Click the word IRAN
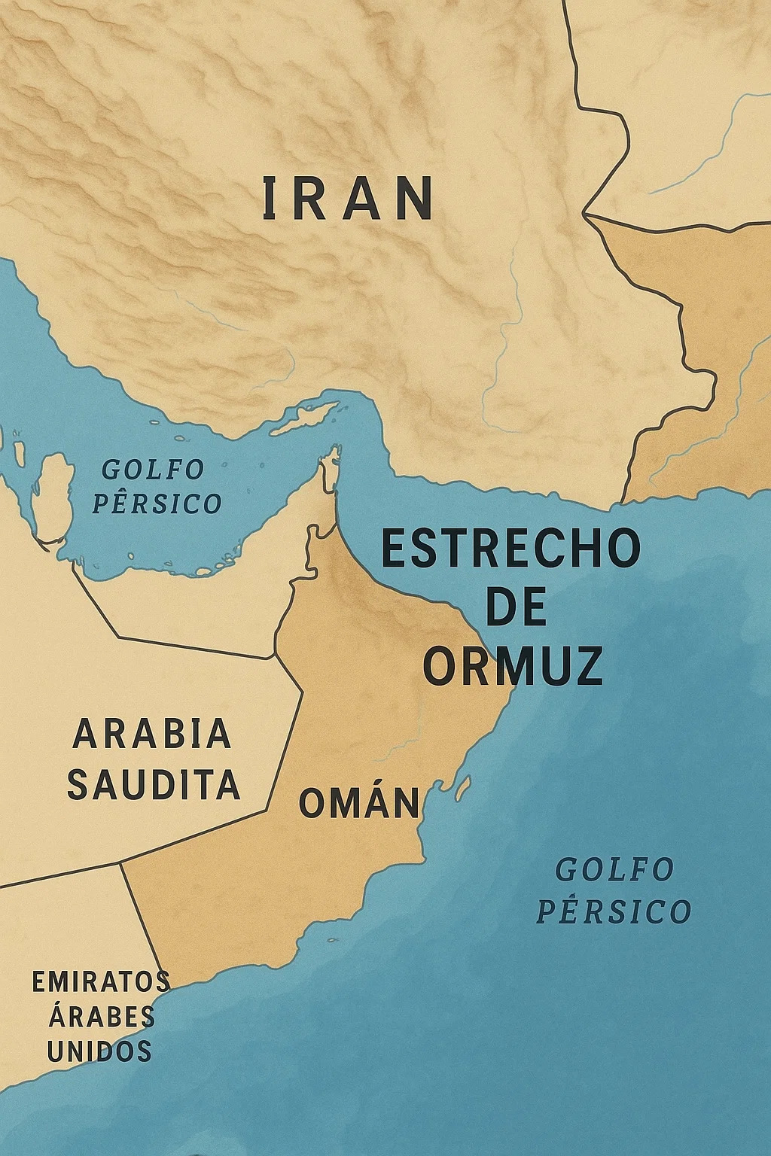point(348,199)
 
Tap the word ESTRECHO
point(510,549)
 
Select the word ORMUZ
point(513,665)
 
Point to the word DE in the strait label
point(516,607)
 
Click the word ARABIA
point(152,734)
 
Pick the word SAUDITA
point(154,784)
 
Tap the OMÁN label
point(359,803)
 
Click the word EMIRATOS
point(101,981)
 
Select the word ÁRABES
point(102,1017)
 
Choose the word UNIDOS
point(99,1051)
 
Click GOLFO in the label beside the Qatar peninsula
point(153,470)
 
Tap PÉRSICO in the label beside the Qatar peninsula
point(157,503)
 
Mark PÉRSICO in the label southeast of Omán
point(614,911)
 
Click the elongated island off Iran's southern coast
point(305,418)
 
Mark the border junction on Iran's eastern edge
point(586,214)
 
